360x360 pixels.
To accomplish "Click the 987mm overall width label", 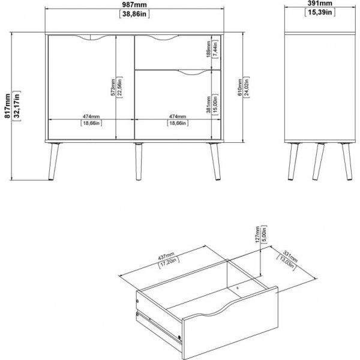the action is point(134,5).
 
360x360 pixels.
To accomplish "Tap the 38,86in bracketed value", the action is point(134,14).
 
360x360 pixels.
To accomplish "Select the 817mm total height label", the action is point(8,106).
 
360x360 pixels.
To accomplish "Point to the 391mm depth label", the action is point(320,3).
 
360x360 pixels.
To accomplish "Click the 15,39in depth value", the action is point(320,13).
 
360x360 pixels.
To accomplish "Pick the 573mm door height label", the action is point(113,87).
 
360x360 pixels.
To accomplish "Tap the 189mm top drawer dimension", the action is point(208,49).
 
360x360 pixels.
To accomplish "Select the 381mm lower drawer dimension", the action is point(208,104).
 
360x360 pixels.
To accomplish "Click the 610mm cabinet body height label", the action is point(240,87).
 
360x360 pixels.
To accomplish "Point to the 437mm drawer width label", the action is point(166,256).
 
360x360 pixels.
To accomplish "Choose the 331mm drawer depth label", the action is point(290,256).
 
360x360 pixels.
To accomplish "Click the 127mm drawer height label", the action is point(257,235).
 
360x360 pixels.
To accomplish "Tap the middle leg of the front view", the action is point(138,161).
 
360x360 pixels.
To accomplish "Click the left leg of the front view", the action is point(54,161).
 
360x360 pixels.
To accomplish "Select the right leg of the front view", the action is point(215,161).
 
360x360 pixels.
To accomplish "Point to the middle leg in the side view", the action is point(319,161).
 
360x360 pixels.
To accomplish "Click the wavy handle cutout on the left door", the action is point(91,38).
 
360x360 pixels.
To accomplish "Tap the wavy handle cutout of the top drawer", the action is point(163,38).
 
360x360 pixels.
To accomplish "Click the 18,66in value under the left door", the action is point(91,123).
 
